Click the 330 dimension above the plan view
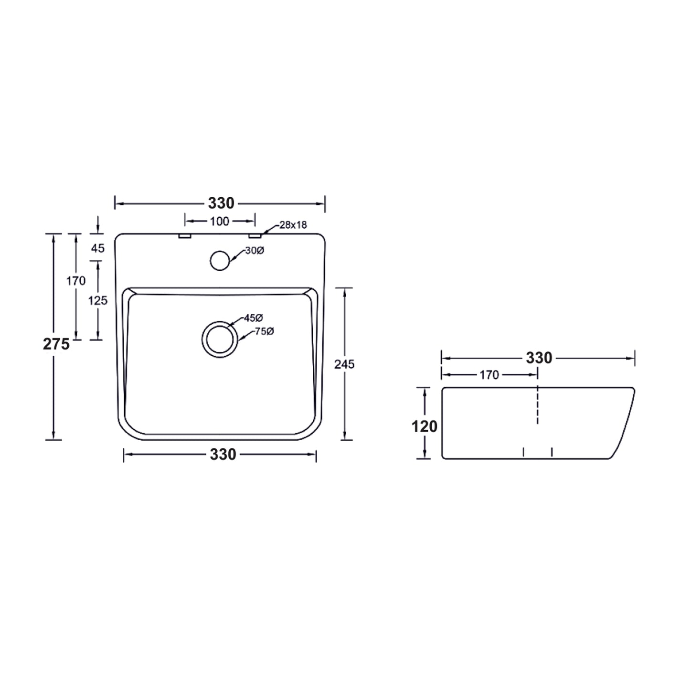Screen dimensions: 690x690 point(221,203)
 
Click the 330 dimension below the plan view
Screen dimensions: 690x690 point(223,454)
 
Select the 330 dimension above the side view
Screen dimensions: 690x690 point(539,358)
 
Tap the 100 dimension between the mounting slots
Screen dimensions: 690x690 point(220,221)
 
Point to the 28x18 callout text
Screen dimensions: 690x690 point(293,224)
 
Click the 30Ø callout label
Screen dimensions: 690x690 point(254,251)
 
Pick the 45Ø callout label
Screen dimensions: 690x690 point(254,318)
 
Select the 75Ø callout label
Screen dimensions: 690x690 point(264,331)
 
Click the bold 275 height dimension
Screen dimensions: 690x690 point(56,344)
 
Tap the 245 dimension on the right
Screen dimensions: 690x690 point(344,364)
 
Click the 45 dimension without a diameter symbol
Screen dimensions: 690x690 point(97,248)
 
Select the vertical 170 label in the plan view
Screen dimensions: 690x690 point(76,281)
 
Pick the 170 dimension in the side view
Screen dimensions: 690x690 point(489,375)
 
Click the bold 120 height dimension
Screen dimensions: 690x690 point(425,426)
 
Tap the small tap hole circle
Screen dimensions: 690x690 point(220,260)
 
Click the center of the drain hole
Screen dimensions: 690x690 point(219,339)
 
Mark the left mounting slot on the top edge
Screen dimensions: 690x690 point(185,236)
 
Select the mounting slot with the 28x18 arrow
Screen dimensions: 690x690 point(255,236)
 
